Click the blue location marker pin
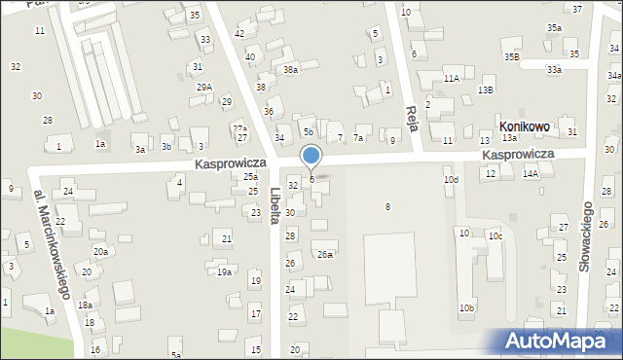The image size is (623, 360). coord(311,156)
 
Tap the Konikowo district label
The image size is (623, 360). coord(524,126)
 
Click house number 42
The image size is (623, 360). coord(239,34)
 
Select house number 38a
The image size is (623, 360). coord(289,70)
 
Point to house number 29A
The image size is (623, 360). coord(204,88)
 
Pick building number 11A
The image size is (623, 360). coord(451,78)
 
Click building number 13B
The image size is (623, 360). coord(486,90)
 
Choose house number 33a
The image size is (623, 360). coord(554,70)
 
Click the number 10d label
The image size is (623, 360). coord(451,180)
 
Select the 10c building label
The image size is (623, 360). coord(495,235)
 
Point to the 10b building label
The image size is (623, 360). coord(468,308)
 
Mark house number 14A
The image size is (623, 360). coord(531,173)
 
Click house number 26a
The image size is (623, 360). coord(324,255)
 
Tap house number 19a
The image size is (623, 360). coord(224,272)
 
